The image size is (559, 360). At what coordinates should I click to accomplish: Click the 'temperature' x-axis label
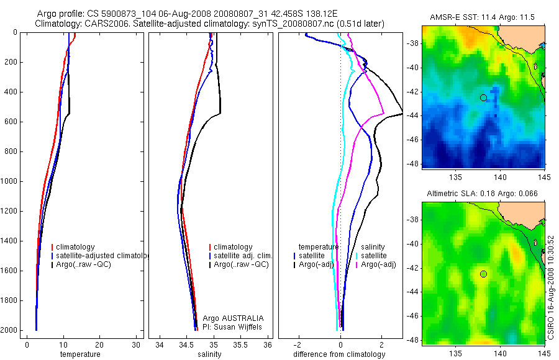(80, 354)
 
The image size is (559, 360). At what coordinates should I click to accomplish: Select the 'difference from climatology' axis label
(339, 354)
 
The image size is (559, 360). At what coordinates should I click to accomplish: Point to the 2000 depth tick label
(9, 330)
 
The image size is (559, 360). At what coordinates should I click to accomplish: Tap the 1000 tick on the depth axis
(9, 181)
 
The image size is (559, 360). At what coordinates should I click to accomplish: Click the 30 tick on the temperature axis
(135, 345)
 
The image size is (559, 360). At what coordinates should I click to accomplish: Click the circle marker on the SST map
(483, 97)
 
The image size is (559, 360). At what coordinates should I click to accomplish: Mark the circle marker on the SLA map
(483, 274)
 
